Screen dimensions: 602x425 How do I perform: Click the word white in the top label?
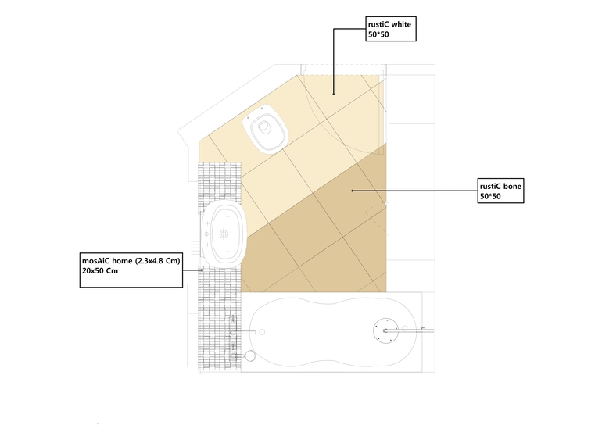[401, 24]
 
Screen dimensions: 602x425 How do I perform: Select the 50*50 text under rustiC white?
[378, 34]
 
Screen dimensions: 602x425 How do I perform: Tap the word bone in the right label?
[512, 187]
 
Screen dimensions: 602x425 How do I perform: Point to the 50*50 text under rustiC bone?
[490, 196]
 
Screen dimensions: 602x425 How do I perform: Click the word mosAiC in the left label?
[96, 261]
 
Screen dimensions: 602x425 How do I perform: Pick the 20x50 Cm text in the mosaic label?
[100, 271]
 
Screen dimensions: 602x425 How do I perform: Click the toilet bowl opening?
[264, 127]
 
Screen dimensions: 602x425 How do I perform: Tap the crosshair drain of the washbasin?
[224, 234]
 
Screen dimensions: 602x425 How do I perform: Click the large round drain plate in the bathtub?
[386, 330]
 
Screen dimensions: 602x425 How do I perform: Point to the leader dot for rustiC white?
[334, 94]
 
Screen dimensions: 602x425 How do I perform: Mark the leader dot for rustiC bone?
[353, 191]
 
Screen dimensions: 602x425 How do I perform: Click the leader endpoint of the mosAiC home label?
[202, 270]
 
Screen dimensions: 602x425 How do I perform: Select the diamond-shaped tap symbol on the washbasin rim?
[206, 234]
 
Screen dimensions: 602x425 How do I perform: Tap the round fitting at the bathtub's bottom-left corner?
[250, 355]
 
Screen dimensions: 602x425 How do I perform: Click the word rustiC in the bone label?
[490, 187]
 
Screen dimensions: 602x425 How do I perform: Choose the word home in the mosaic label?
[124, 261]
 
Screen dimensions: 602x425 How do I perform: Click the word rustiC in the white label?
[378, 24]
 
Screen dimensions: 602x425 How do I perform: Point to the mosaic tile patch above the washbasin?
[219, 182]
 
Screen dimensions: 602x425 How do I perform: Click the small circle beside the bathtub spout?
[262, 332]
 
